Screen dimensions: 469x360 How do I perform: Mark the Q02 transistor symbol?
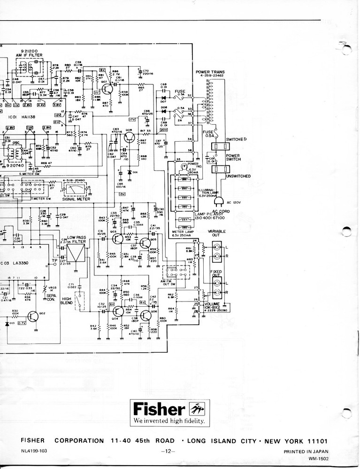(x=33, y=317)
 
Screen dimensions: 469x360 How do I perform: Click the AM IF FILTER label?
(x=29, y=55)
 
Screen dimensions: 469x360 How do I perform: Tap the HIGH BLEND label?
(x=66, y=301)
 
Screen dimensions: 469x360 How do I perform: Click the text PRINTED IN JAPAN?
(x=306, y=452)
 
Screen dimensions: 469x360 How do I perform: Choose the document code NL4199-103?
(x=34, y=451)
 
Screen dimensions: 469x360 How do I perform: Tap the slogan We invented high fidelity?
(x=169, y=421)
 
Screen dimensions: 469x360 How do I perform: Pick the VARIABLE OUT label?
(x=217, y=234)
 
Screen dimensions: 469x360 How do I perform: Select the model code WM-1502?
(x=319, y=459)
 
